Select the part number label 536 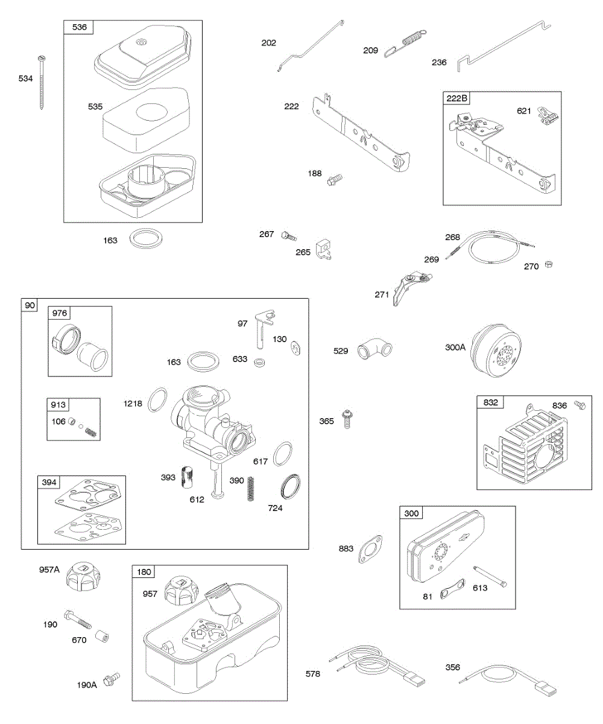(79, 27)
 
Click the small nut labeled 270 (549, 264)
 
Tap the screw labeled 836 (580, 405)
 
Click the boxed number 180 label (145, 572)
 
